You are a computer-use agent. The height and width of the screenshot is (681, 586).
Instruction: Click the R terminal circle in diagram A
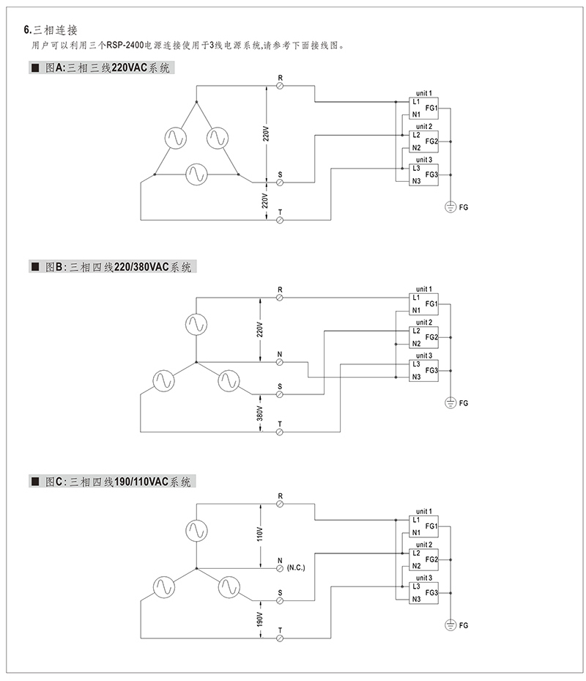280,86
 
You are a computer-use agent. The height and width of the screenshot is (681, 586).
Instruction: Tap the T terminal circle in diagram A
280,220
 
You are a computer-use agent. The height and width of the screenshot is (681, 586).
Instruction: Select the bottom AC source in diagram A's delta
196,174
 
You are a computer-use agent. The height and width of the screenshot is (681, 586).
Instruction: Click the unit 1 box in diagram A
423,108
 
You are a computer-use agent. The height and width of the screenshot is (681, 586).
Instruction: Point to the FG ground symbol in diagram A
450,207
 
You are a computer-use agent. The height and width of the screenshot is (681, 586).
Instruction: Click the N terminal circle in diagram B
280,362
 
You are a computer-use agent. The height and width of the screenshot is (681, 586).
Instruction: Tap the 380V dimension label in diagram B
259,413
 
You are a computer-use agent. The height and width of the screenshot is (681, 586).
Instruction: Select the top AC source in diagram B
196,325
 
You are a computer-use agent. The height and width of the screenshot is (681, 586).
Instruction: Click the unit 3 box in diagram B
423,371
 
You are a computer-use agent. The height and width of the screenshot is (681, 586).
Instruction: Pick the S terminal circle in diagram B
280,394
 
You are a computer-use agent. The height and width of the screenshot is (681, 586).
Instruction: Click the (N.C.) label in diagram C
296,567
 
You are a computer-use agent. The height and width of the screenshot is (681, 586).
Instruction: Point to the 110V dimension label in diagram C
260,534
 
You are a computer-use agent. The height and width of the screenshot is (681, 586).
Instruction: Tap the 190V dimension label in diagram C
259,619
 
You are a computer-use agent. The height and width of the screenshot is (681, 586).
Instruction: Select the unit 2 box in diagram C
423,560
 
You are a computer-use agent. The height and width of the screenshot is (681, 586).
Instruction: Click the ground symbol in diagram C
450,625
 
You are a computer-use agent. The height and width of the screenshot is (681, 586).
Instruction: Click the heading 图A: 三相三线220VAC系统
107,67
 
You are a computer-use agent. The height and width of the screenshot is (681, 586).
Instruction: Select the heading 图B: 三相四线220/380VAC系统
118,267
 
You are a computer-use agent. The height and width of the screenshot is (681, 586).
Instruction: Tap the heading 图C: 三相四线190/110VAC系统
118,482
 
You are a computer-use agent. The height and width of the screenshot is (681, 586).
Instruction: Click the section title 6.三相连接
51,30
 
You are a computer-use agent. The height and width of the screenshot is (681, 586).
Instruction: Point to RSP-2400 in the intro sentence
125,45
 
